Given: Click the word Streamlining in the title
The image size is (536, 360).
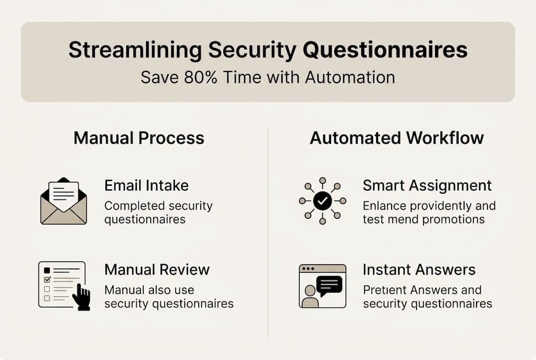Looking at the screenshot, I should (x=134, y=50).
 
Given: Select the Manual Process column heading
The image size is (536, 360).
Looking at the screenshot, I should (x=139, y=137).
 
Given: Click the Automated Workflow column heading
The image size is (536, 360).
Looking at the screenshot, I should (x=397, y=137).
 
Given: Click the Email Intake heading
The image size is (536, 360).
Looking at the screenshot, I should (x=146, y=185).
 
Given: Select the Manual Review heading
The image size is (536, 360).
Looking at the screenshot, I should (x=157, y=269).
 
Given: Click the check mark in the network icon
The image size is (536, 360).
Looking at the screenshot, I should (x=323, y=200).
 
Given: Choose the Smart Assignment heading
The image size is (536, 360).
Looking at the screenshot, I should (x=427, y=185).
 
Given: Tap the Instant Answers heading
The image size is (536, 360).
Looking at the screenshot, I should (x=419, y=269).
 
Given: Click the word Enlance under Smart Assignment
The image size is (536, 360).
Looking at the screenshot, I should (x=383, y=206).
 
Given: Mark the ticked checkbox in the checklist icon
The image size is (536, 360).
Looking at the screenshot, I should (x=47, y=279).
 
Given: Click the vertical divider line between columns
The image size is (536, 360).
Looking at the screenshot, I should (x=268, y=230).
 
